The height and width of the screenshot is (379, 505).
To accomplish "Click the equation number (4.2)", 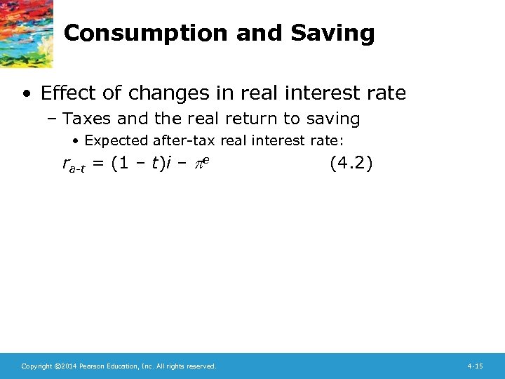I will [351, 164].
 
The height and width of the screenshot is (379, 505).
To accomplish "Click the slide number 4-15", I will [474, 366].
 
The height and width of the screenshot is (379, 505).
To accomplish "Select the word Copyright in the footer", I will [36, 366].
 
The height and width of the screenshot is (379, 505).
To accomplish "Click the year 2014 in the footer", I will [68, 366].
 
